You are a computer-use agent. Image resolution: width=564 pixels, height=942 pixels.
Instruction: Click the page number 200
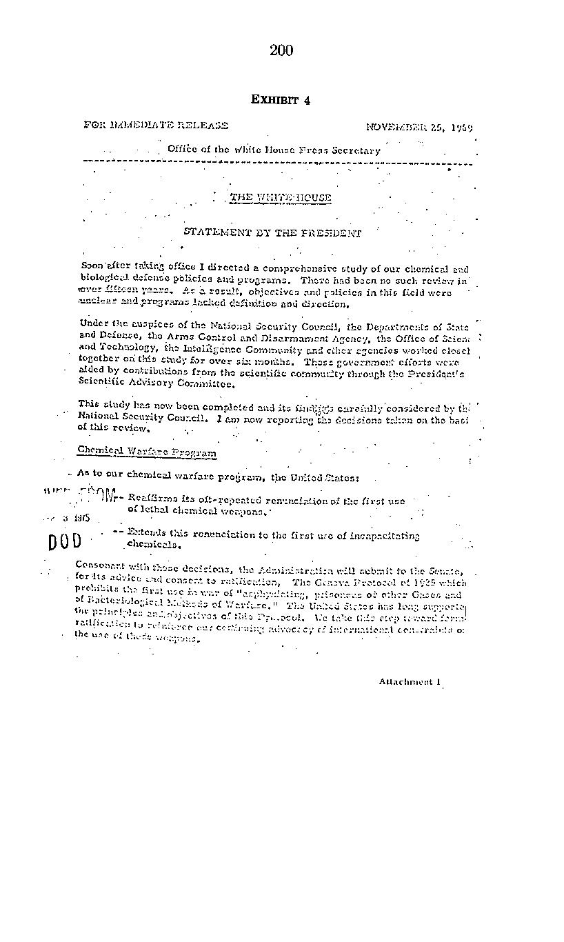[281, 50]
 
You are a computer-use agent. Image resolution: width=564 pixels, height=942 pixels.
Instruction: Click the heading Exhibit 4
[281, 100]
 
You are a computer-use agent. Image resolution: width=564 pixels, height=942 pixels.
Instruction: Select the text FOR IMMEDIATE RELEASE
[156, 126]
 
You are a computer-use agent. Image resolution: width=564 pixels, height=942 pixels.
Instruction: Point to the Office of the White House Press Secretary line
[274, 150]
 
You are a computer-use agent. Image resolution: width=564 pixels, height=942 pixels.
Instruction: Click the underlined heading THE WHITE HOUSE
[280, 198]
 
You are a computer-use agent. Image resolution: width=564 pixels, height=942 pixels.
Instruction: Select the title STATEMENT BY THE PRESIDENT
[272, 233]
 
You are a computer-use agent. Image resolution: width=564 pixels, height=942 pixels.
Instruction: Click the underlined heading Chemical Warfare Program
[147, 452]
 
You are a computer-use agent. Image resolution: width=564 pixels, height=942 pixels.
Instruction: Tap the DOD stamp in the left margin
[65, 542]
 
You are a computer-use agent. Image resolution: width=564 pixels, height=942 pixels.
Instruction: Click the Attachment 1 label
[410, 681]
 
